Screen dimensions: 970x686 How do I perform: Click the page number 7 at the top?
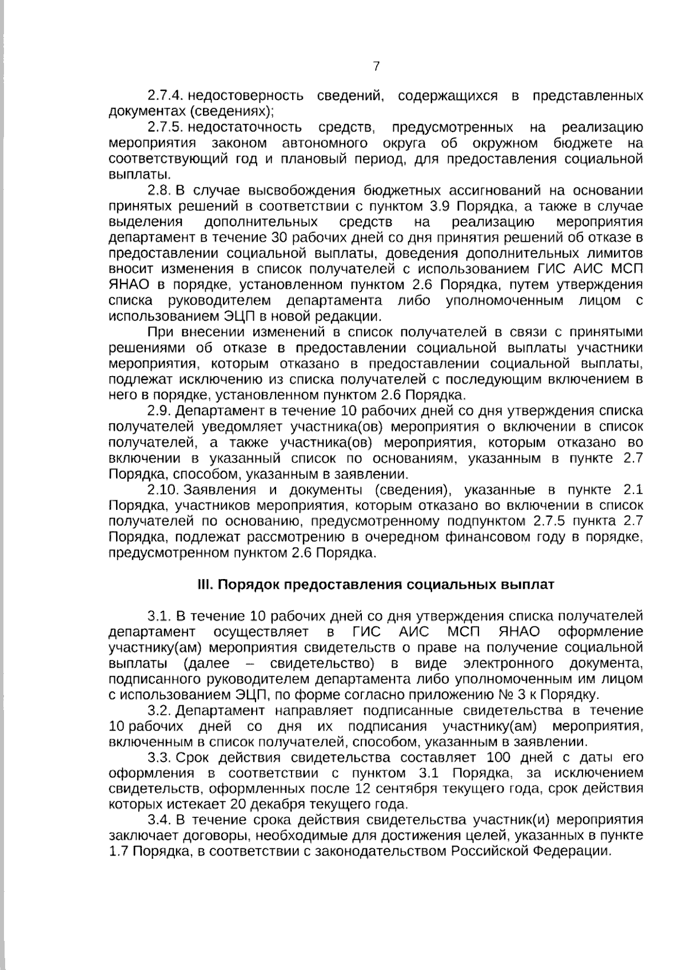[x=376, y=67]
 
